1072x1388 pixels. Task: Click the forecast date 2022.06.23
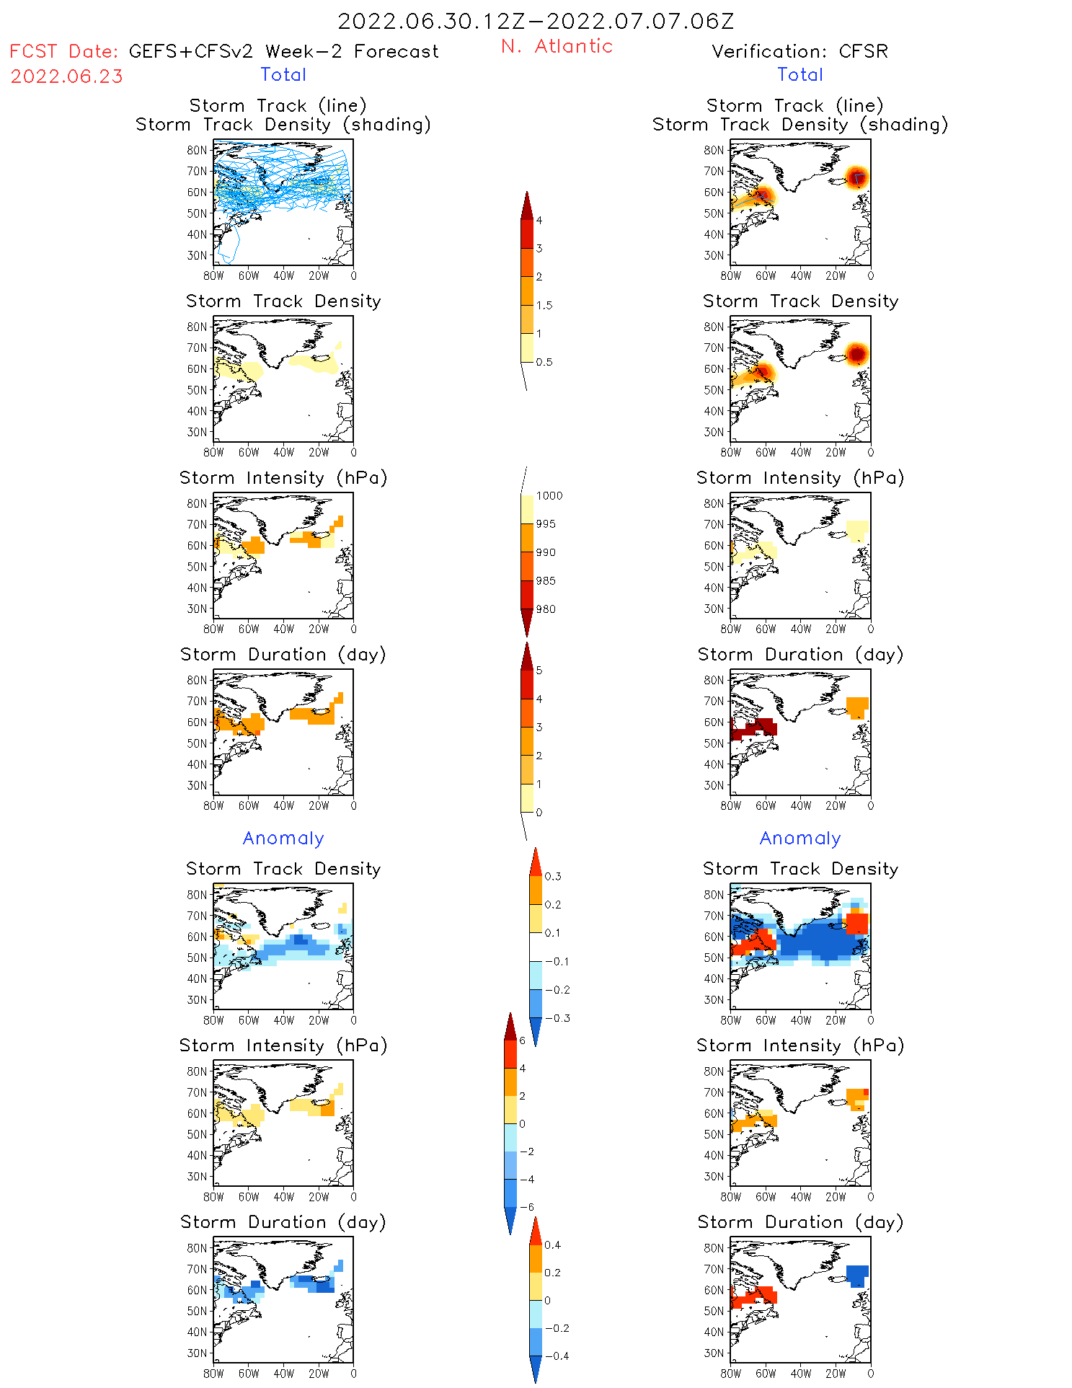coord(67,76)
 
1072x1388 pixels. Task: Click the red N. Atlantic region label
coord(557,47)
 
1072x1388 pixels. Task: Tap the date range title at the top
coord(536,21)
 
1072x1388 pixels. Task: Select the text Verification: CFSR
coord(799,51)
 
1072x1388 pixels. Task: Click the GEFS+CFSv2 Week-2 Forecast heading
coord(283,51)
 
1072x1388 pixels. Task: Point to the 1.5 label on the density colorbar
coord(544,305)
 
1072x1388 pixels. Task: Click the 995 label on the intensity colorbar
coord(546,524)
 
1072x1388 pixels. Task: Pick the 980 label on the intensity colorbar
coord(546,609)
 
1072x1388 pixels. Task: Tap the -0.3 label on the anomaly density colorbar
coord(557,1018)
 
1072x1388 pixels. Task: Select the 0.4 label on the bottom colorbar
coord(552,1245)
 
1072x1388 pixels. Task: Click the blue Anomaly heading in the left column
coord(283,838)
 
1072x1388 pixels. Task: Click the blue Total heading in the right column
coord(800,74)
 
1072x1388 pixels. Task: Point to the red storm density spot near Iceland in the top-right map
coord(856,177)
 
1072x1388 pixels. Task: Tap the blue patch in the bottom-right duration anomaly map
coord(856,1275)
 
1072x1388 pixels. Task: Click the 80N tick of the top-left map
coord(197,150)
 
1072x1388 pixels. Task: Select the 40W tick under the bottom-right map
coord(800,1374)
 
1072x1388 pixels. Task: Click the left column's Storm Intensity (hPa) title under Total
coord(283,477)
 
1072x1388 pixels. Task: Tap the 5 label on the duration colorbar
coord(539,671)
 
